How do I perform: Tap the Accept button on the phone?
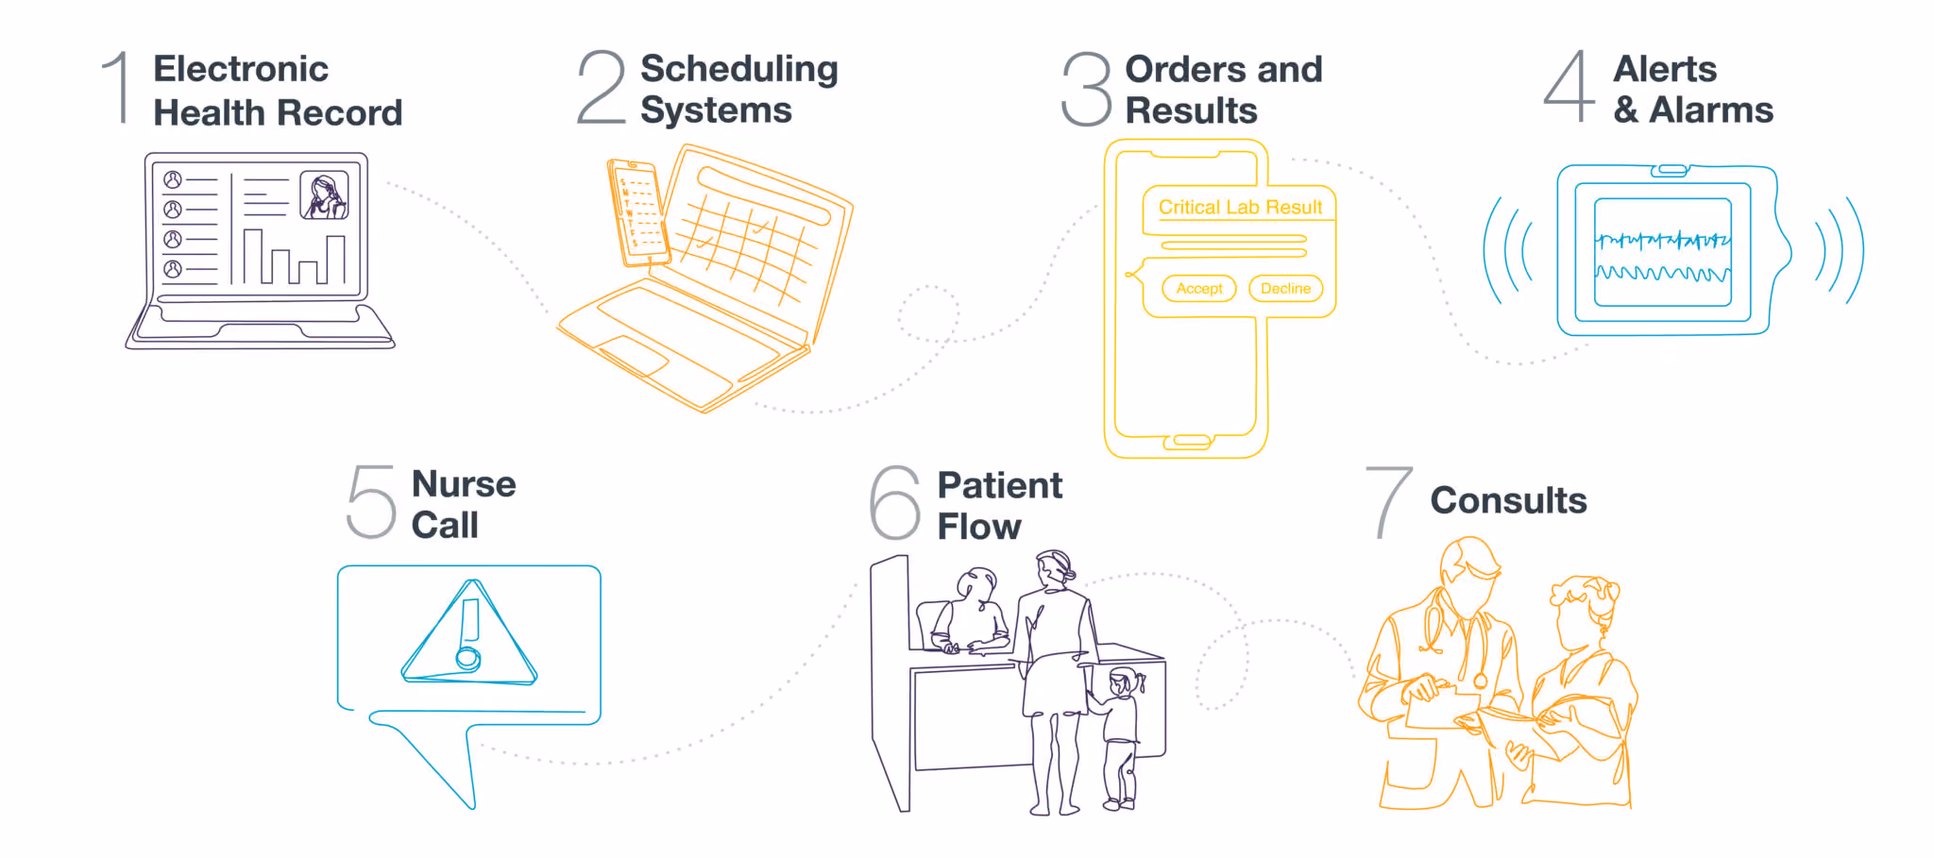point(1199,289)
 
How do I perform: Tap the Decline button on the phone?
point(1285,289)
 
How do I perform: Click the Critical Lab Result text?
point(1240,208)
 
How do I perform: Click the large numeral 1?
point(118,88)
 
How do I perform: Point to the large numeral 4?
point(1569,87)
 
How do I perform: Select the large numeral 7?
point(1388,502)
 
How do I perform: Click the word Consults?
point(1508,500)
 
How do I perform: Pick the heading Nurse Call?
point(464,505)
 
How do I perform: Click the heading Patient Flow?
point(999,506)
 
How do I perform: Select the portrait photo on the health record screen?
point(324,195)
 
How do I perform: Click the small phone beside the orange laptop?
point(638,211)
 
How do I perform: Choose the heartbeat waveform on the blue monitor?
point(1662,242)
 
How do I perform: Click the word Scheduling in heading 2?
point(738,70)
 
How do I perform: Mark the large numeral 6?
point(894,503)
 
